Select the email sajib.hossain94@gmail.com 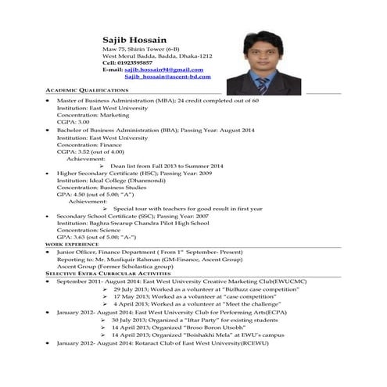(x=159, y=70)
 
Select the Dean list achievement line (x=167, y=166)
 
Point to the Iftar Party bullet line (x=174, y=319)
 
